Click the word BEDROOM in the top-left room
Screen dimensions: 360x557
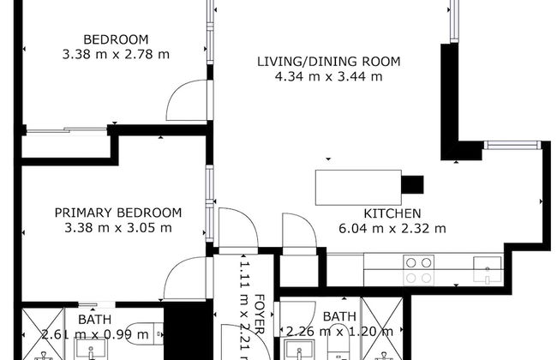[x=116, y=39]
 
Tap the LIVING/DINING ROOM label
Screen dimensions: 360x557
[x=328, y=62]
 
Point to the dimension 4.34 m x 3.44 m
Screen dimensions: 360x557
[x=328, y=76]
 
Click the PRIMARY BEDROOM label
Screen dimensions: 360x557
[x=118, y=213]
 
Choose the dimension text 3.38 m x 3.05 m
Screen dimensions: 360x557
[x=118, y=228]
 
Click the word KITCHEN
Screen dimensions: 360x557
[x=392, y=213]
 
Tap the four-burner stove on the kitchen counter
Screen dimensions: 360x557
[x=418, y=270]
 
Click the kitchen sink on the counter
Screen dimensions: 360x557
[x=487, y=269]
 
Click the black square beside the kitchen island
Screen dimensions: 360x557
[x=413, y=183]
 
